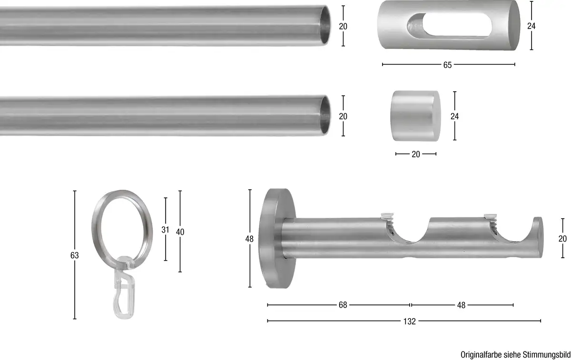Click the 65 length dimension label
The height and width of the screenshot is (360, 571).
[447, 65]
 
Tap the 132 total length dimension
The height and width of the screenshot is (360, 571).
[409, 321]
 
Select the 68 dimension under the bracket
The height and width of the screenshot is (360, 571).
[343, 305]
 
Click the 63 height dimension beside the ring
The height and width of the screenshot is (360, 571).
[74, 255]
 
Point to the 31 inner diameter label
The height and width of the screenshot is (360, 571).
[165, 230]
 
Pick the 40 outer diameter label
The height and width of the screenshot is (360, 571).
[180, 232]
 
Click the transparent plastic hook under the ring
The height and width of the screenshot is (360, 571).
[123, 288]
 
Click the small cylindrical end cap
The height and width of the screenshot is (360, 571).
[415, 116]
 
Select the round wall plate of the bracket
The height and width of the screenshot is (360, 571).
[277, 238]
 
